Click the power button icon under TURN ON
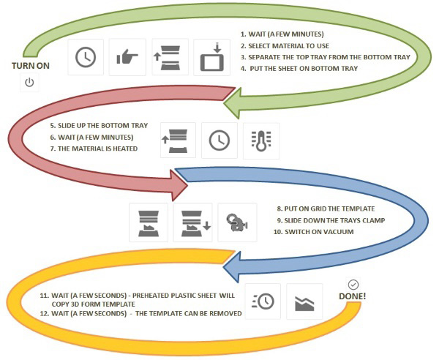coord(29,83)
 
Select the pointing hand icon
coord(128,57)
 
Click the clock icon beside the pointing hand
coord(86,57)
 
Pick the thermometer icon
coord(260,140)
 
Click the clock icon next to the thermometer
coord(219,140)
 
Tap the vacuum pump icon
coord(237,222)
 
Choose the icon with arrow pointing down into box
coord(211,57)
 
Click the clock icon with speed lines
coord(262,300)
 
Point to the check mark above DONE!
coord(353,284)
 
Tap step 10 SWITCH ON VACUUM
coord(315,231)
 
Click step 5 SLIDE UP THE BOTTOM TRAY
coord(99,125)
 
